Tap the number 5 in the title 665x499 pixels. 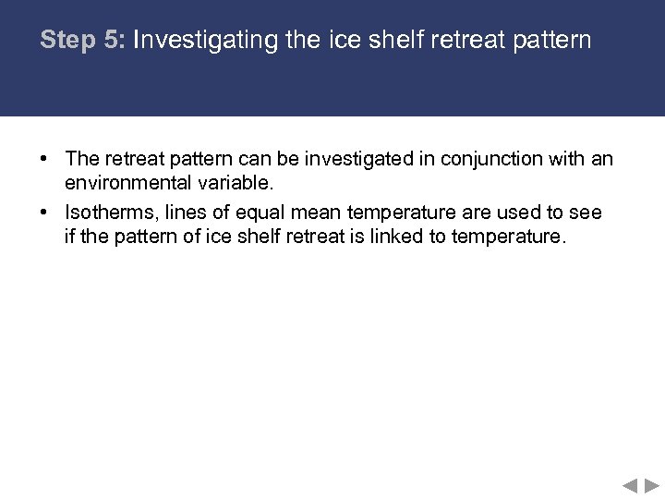tap(113, 41)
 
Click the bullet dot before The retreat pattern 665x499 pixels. tap(44, 160)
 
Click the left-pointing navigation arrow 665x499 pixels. tap(630, 485)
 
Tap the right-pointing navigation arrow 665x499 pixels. tap(652, 485)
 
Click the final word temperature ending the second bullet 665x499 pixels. tap(507, 236)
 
